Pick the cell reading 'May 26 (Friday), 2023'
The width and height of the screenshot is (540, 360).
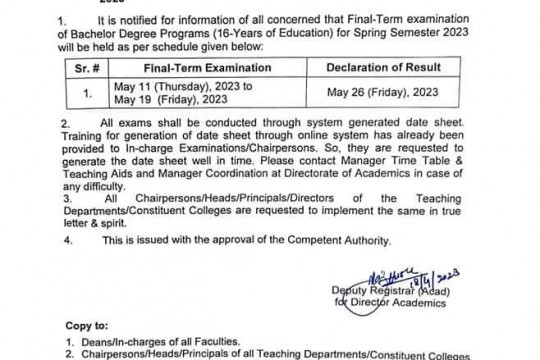[383, 94]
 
